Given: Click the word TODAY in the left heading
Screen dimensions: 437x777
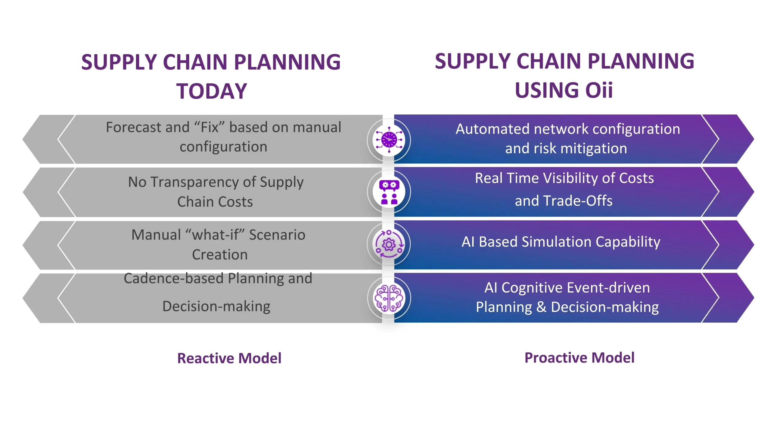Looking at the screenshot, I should (x=212, y=91).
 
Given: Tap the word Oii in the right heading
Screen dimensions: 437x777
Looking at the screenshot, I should (x=599, y=90).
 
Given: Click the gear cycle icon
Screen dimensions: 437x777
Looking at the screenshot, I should (x=389, y=244).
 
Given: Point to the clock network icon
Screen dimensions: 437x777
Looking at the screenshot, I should (x=389, y=140).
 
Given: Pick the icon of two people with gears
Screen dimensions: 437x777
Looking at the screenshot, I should (x=389, y=192).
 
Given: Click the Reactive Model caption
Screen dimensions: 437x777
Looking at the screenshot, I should (x=229, y=358).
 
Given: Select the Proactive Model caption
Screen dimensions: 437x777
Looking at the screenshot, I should (x=579, y=357).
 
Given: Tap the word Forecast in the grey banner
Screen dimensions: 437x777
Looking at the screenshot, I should (x=132, y=127).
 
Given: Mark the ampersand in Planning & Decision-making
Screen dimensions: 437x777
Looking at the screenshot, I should (x=541, y=307).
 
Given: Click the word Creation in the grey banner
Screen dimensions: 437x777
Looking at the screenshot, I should (x=220, y=255).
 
